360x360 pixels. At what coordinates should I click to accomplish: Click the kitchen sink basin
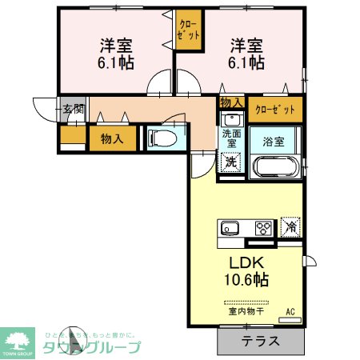point(229,228)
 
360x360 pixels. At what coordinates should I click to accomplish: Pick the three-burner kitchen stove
point(263,228)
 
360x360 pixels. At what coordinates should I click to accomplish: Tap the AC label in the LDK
point(291,310)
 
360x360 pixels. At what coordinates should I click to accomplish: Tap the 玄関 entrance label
point(73,108)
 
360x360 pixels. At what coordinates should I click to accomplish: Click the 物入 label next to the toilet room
point(111,138)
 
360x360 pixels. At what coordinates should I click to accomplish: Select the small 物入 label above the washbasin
point(231,103)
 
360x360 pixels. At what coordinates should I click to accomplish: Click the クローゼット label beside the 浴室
point(275,109)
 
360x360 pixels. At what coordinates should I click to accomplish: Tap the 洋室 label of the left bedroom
point(114,44)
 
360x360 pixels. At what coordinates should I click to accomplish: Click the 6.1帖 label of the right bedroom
point(246,62)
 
